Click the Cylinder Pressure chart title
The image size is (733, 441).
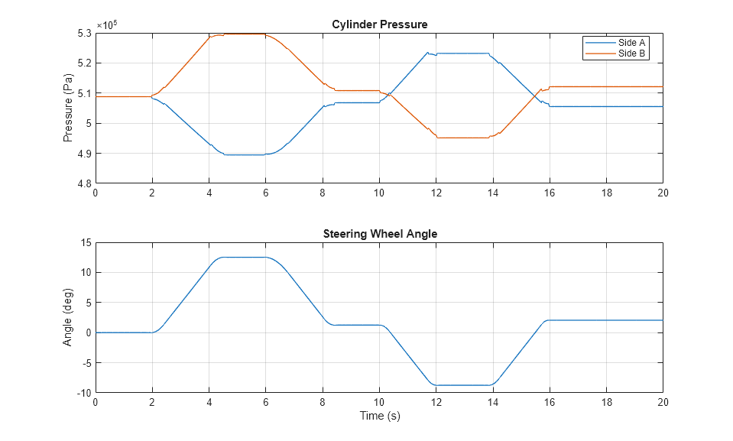click(x=379, y=24)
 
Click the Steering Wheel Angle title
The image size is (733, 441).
click(x=379, y=234)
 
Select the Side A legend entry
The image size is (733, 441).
click(x=631, y=43)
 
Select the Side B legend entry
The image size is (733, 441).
click(x=631, y=53)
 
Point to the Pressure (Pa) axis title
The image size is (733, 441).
click(x=68, y=108)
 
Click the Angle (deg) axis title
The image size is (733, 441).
click(x=68, y=317)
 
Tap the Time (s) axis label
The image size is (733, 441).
click(x=379, y=416)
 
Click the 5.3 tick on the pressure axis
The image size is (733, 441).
click(x=83, y=33)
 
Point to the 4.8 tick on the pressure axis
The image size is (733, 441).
click(x=83, y=183)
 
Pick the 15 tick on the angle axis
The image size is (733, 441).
click(x=86, y=242)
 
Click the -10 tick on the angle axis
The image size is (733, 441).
click(x=83, y=393)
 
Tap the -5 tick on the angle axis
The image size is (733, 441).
click(x=86, y=363)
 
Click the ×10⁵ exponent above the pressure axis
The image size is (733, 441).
click(x=106, y=25)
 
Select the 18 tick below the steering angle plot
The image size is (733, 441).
click(x=606, y=403)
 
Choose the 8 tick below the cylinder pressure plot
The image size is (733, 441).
click(x=323, y=193)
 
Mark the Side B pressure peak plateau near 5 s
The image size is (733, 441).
click(x=237, y=34)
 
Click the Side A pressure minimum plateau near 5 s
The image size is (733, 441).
click(x=237, y=154)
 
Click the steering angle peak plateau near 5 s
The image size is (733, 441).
click(x=237, y=258)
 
